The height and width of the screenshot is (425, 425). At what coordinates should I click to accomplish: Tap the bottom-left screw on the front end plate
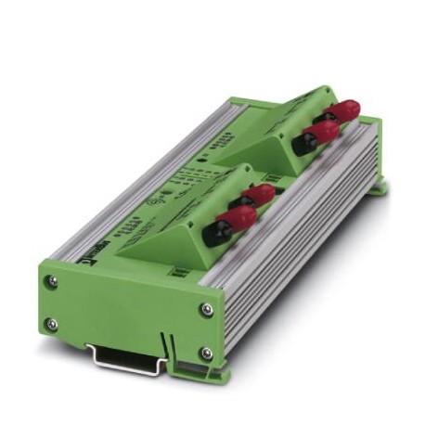[x=53, y=324]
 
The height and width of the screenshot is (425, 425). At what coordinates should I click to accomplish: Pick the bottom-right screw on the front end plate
[x=205, y=354]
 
